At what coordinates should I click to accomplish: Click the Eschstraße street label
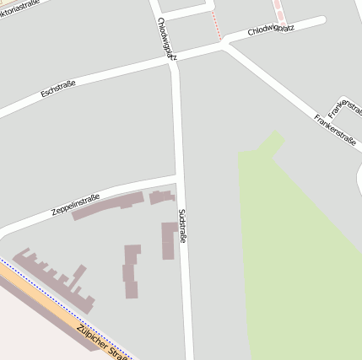click(58, 87)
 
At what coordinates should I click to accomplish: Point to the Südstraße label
click(182, 227)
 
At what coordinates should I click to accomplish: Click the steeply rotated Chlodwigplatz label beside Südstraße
click(166, 39)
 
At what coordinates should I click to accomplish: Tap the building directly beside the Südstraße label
click(168, 239)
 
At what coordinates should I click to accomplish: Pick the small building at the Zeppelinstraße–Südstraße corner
click(160, 197)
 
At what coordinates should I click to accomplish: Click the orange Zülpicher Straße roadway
click(59, 308)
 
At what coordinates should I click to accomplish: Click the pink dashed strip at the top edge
click(278, 10)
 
